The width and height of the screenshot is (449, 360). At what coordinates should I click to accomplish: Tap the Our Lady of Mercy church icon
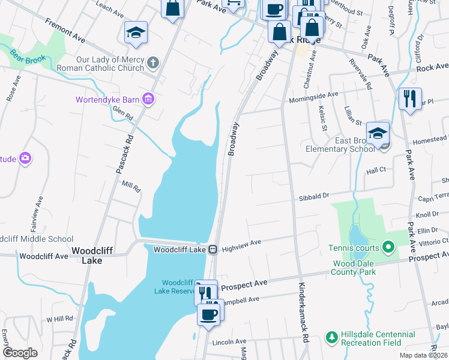154,63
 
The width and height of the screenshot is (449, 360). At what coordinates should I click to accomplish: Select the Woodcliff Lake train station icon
212,249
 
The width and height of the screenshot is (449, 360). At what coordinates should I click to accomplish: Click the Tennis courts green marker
388,247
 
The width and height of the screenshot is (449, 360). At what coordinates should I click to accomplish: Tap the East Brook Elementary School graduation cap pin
378,134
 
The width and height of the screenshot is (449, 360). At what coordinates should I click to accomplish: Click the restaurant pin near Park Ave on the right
410,98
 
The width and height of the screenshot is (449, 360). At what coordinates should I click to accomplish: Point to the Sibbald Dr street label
314,196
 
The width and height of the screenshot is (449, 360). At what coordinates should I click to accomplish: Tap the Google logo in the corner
20,352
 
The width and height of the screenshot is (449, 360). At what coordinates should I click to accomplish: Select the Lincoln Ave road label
230,341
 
